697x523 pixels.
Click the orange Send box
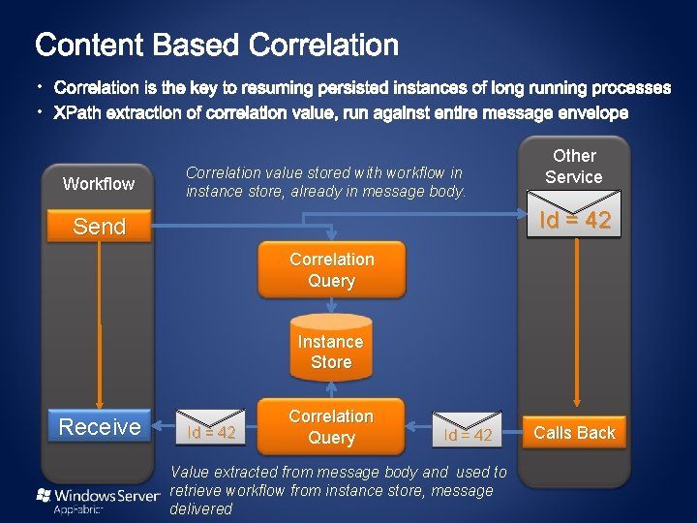pyautogui.click(x=100, y=227)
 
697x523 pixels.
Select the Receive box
pyautogui.click(x=100, y=427)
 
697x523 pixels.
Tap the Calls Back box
pyautogui.click(x=574, y=433)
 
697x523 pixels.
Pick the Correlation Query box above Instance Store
pyautogui.click(x=331, y=270)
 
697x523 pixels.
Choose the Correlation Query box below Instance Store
pyautogui.click(x=331, y=427)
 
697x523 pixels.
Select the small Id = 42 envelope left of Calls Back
pyautogui.click(x=468, y=432)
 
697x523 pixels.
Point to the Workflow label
pyautogui.click(x=99, y=184)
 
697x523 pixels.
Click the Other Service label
pyautogui.click(x=574, y=167)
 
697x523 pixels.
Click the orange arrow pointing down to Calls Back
pyautogui.click(x=577, y=320)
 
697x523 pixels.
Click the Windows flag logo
pyautogui.click(x=43, y=495)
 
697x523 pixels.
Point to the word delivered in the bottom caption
pyautogui.click(x=201, y=508)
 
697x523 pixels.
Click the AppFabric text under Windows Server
pyautogui.click(x=79, y=509)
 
